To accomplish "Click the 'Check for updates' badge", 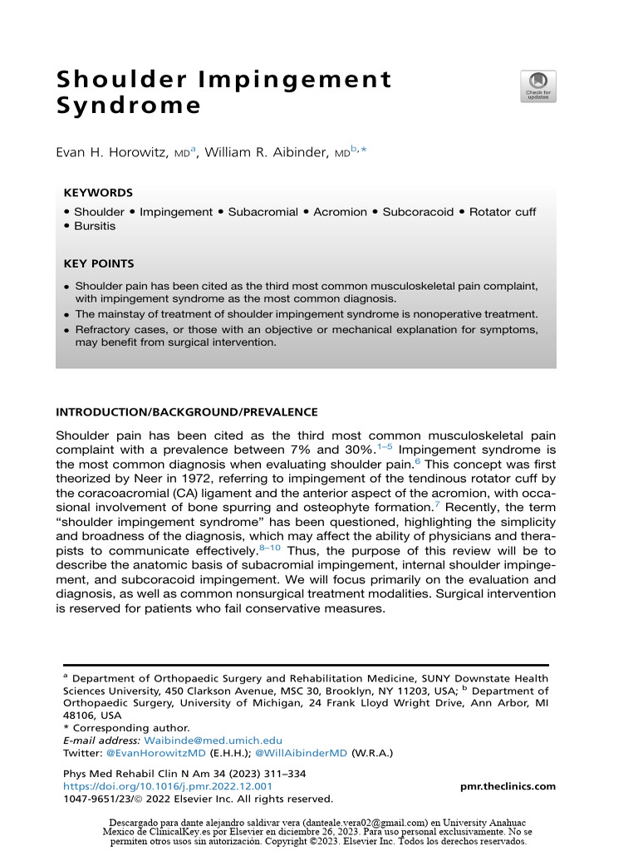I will tap(538, 86).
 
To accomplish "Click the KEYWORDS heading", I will tap(98, 193).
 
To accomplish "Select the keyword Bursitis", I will tap(95, 226).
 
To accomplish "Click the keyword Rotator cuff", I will tap(503, 212).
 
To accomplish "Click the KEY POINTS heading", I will tap(99, 263).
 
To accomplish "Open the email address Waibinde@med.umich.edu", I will tap(213, 740).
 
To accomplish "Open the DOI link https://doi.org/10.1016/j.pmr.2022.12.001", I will tap(168, 786).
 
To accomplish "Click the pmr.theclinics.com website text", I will tap(508, 786).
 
